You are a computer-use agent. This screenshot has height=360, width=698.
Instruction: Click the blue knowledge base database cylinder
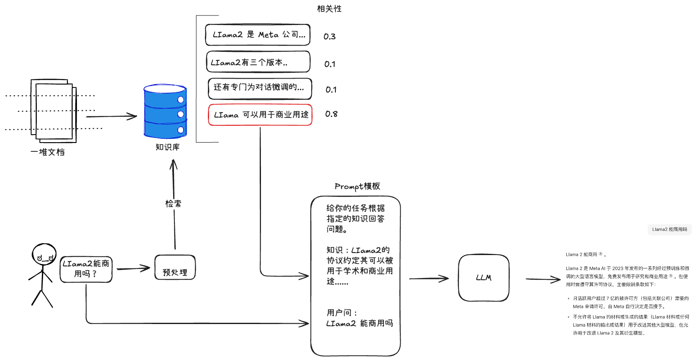click(165, 112)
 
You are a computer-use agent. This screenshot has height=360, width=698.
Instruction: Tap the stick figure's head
click(44, 255)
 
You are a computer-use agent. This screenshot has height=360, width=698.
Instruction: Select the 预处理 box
click(175, 268)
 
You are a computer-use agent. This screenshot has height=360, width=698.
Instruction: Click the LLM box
click(483, 278)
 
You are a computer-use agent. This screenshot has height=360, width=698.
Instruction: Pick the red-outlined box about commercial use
click(260, 115)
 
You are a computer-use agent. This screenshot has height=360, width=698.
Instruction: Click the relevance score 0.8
click(331, 114)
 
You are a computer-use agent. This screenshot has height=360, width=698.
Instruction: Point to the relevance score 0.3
click(330, 36)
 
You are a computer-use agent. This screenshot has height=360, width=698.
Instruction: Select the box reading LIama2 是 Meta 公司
click(258, 35)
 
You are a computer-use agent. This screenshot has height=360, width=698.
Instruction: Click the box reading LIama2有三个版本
click(258, 62)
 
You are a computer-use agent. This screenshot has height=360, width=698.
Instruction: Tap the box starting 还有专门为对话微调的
click(260, 88)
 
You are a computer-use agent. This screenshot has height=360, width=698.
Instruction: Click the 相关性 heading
click(329, 9)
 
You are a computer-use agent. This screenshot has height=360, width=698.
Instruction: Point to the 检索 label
click(173, 204)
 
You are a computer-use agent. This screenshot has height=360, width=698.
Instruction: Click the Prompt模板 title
click(357, 186)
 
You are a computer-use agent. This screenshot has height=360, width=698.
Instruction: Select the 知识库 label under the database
click(167, 147)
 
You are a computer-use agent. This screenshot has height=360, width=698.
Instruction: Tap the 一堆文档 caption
click(48, 152)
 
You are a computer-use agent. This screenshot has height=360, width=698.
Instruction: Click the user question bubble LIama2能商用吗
click(86, 269)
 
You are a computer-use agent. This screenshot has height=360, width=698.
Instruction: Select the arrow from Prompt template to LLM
click(428, 278)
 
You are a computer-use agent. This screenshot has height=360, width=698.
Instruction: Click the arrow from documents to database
click(112, 117)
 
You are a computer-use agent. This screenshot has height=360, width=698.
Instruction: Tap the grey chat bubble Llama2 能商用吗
click(669, 229)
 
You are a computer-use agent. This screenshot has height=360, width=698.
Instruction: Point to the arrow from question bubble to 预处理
click(133, 268)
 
